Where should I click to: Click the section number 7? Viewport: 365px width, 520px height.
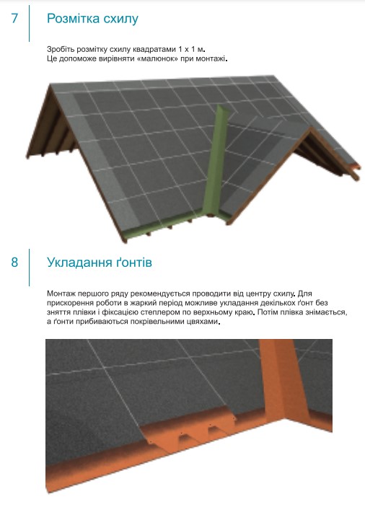[14, 18]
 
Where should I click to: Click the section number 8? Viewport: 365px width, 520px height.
[14, 262]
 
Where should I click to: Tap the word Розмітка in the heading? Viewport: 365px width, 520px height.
[74, 19]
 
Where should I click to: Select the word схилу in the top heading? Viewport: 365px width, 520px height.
[120, 19]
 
